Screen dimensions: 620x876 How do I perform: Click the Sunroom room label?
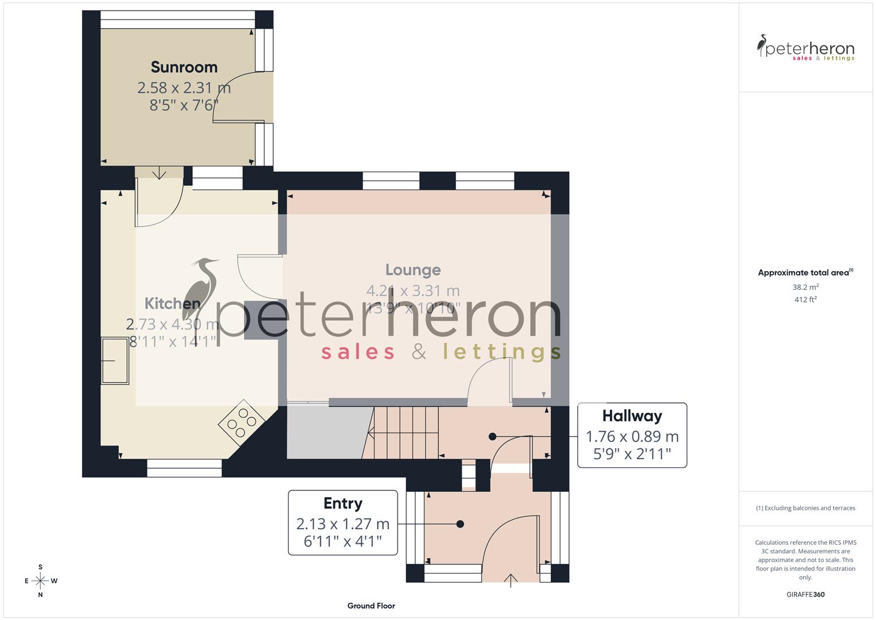point(184,67)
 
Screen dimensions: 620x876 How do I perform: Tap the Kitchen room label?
point(172,303)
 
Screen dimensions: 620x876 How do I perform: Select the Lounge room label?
point(413,270)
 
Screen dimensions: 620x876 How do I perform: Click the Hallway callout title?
point(632,416)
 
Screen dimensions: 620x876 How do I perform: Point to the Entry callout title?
point(342,503)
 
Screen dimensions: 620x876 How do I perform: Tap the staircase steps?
point(404,432)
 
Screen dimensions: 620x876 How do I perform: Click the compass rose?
point(40,581)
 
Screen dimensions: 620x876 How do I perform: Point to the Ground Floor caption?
point(371,606)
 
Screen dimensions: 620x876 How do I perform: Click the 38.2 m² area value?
point(805,287)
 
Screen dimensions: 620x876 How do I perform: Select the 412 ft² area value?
point(805,300)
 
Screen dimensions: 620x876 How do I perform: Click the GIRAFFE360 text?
point(805,595)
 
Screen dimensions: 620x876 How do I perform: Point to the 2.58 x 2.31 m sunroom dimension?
point(184,88)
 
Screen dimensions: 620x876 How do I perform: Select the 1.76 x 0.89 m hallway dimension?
point(632,436)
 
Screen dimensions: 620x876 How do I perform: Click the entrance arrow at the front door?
point(511,580)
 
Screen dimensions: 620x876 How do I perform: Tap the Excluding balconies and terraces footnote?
point(805,508)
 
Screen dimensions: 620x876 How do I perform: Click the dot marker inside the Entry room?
point(460,524)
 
